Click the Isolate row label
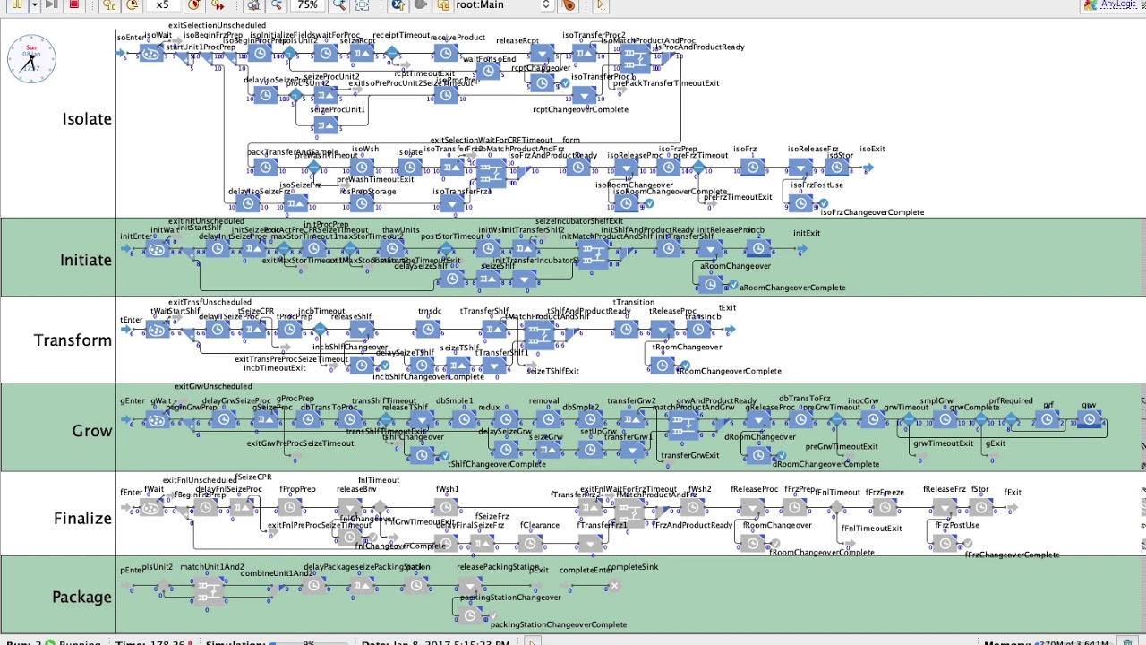coord(87,119)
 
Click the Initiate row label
coord(86,260)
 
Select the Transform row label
coord(73,340)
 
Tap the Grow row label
coord(92,431)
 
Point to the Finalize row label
coord(82,519)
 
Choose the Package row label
coord(81,598)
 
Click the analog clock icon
coord(31,60)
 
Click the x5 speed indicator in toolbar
coord(162,5)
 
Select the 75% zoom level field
coord(308,5)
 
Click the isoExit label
coord(872,150)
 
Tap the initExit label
coord(806,234)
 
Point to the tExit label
coord(727,308)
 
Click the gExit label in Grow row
coord(995,443)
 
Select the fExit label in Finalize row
coord(1013,492)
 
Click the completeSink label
coord(634,568)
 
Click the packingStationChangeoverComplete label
coord(558,624)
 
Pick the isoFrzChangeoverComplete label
coord(871,212)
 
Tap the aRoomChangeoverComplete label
coord(792,288)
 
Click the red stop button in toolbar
coord(74,5)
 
